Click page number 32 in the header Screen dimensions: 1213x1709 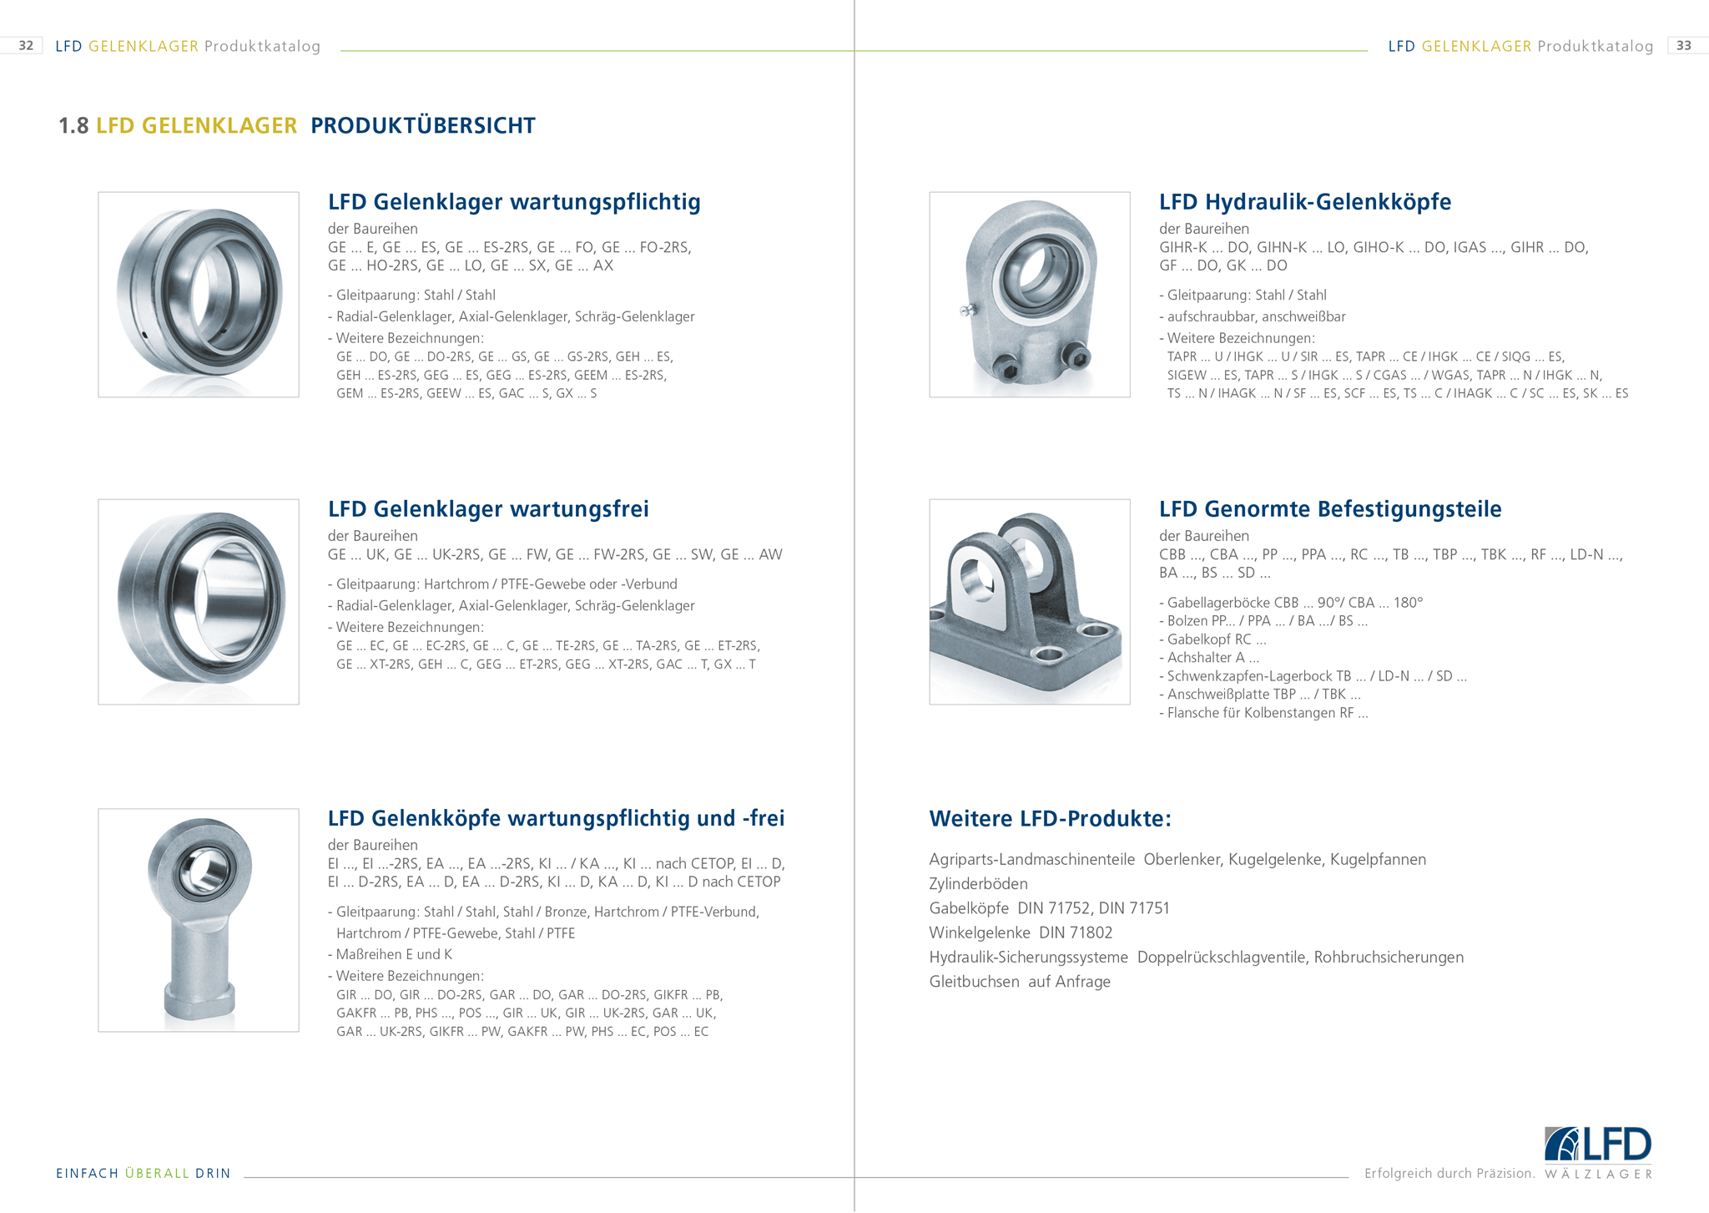click(x=26, y=46)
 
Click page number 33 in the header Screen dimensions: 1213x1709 click(x=1684, y=46)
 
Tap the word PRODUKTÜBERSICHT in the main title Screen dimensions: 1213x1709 click(x=422, y=126)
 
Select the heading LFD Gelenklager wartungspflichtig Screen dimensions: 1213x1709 click(x=514, y=202)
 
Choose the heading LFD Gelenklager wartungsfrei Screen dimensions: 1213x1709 click(x=488, y=509)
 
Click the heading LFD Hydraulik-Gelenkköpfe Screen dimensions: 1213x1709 click(x=1304, y=202)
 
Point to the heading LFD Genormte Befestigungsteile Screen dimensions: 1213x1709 click(x=1329, y=509)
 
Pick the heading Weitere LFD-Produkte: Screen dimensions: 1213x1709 click(x=1050, y=819)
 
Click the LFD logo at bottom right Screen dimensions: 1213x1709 click(x=1597, y=1145)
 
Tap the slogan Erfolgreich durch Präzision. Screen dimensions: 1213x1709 click(x=1449, y=1174)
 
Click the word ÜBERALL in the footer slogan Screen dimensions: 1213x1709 click(x=157, y=1174)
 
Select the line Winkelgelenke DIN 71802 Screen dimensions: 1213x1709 click(x=1021, y=932)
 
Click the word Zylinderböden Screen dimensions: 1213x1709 click(x=978, y=884)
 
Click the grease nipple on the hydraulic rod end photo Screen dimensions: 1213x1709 click(x=966, y=311)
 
